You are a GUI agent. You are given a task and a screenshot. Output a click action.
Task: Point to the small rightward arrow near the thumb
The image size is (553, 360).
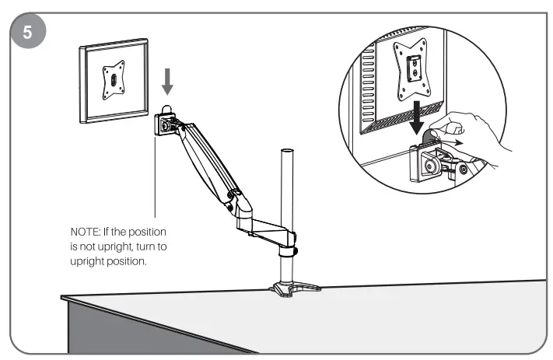click(x=460, y=142)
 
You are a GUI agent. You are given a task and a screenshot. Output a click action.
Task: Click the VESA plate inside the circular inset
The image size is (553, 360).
click(x=409, y=68)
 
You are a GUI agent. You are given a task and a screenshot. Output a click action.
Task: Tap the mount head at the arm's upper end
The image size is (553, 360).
click(x=166, y=123)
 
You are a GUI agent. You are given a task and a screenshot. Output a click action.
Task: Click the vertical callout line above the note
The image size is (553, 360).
click(x=156, y=179)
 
